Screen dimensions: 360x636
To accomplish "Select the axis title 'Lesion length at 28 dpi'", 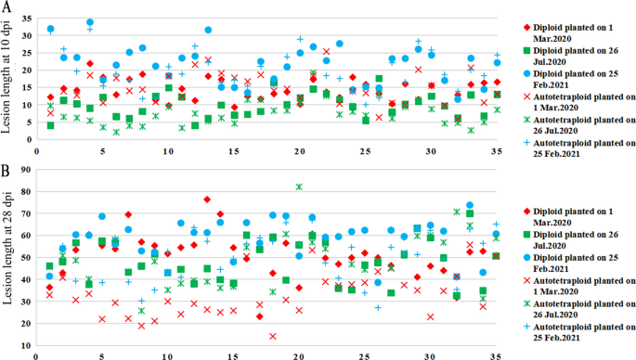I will click(x=8, y=259).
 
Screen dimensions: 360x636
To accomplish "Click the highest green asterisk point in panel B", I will click(x=299, y=186).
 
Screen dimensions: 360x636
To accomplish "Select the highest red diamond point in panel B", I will click(x=207, y=199).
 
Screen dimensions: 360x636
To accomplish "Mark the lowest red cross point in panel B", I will click(x=273, y=336).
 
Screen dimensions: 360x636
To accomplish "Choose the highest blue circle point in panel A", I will click(x=90, y=22).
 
